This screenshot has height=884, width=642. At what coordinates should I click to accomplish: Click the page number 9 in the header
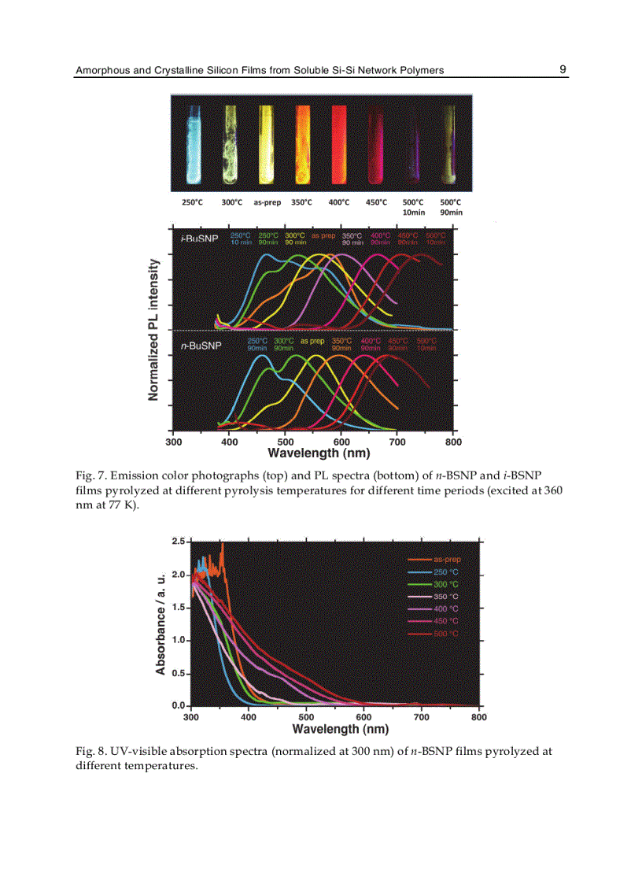pos(563,69)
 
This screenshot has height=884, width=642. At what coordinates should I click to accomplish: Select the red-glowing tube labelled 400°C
pos(339,142)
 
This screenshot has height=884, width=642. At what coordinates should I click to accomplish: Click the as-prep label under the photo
pos(267,202)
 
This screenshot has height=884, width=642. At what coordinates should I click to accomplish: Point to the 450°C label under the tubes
pos(377,202)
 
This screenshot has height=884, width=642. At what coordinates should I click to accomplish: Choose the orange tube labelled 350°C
pos(303,142)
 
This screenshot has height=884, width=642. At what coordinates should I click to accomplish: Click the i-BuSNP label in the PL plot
pos(199,239)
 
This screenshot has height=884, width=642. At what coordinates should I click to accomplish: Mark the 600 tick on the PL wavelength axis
pos(341,442)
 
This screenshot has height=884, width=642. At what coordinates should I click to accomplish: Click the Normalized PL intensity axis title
pos(154,331)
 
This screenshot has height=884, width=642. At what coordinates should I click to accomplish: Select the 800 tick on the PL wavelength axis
pos(453,442)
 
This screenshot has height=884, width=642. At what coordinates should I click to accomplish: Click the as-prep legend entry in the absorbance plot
pos(446,560)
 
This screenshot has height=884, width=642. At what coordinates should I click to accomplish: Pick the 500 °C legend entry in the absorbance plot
pos(446,634)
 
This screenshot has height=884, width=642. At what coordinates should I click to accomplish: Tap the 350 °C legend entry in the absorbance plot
pos(446,597)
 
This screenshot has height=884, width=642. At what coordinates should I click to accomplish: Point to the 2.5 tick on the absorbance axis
pos(179,542)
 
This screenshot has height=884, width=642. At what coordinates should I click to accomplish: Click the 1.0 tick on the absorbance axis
pos(179,640)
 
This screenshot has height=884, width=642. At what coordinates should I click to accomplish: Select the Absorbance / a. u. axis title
pos(160,623)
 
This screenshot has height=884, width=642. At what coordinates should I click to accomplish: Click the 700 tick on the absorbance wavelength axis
pos(422,717)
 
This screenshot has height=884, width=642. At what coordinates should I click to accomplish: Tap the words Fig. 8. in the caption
pos(90,751)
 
